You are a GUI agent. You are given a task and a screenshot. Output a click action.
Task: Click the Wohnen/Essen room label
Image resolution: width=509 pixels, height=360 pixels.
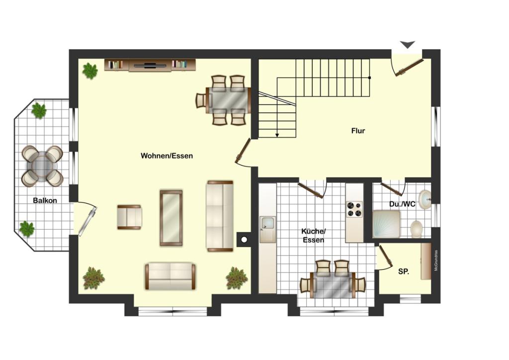167,156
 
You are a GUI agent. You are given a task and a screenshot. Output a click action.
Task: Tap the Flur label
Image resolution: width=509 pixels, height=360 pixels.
358,131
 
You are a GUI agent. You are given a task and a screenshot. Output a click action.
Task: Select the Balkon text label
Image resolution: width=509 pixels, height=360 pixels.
45,200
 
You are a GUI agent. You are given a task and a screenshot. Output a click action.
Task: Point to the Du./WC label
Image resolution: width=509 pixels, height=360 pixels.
402,204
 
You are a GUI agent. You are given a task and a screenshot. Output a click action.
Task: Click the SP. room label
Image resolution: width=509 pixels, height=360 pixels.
404,271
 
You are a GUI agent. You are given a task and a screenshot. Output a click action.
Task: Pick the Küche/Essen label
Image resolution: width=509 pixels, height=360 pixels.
313,236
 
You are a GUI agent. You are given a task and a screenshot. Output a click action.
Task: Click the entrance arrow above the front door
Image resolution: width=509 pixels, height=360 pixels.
408,45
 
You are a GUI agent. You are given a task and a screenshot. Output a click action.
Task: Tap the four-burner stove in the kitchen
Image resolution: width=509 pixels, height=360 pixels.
354,209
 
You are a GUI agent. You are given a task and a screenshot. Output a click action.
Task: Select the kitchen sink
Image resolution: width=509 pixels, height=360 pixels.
267,224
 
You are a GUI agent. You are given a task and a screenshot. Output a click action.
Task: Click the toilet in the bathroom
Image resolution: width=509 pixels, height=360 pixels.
416,229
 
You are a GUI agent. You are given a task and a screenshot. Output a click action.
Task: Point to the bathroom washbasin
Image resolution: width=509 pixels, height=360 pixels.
424,199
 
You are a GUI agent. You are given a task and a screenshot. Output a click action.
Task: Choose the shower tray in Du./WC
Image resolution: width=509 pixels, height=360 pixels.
386,224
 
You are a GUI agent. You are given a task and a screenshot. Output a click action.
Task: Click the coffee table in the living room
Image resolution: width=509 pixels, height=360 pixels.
171,218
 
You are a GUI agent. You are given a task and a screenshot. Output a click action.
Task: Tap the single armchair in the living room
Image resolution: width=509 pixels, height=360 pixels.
129,217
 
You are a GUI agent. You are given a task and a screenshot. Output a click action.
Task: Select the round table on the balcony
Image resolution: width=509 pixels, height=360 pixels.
42,166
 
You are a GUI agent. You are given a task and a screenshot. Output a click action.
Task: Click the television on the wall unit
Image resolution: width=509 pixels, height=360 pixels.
150,65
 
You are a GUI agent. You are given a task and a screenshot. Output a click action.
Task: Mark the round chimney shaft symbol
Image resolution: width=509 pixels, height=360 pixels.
244,240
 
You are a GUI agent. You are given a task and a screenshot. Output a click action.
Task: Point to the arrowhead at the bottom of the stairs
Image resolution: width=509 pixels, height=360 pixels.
277,135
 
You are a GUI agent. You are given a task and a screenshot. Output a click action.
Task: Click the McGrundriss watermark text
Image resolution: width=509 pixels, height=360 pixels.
436,261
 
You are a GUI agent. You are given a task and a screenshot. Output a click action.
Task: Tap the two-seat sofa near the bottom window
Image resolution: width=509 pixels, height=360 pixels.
170,276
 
